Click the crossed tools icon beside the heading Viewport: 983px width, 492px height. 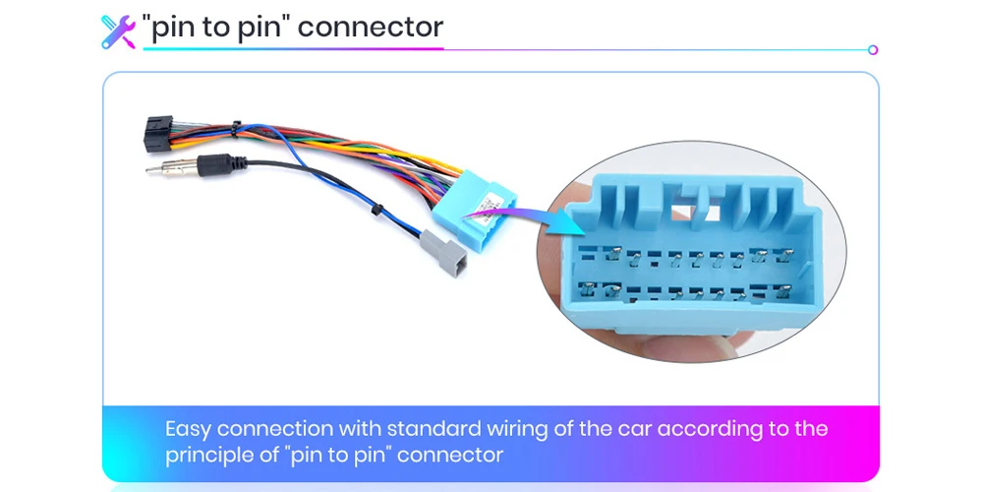[x=118, y=29]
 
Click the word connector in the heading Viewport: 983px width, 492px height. [x=371, y=27]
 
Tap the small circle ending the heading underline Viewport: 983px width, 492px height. [x=873, y=49]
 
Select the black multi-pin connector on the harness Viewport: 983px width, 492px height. [x=160, y=133]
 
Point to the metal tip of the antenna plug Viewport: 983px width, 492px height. [x=157, y=169]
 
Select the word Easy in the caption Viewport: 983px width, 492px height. [x=189, y=429]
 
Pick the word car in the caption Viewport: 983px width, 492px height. [x=635, y=429]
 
